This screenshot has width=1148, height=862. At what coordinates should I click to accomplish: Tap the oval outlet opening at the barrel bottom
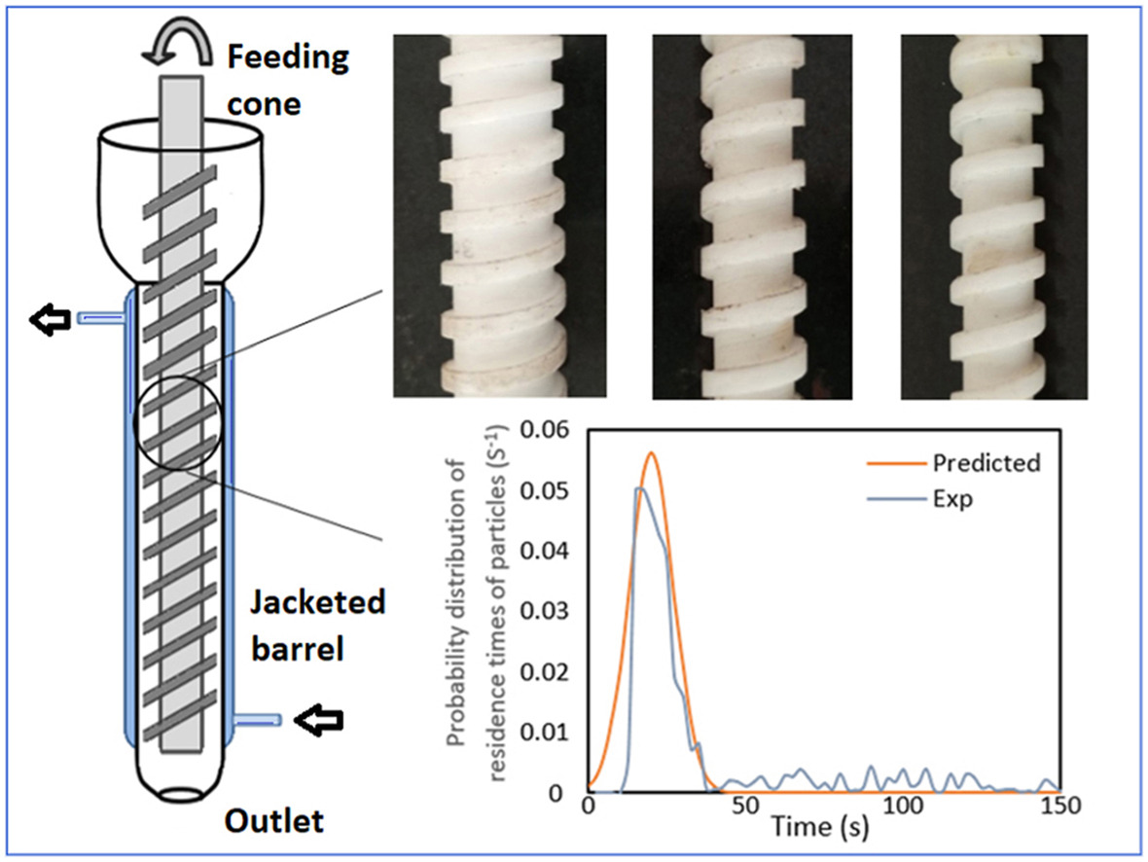click(182, 793)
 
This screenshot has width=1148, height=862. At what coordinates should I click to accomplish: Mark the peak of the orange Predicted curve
click(652, 452)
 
